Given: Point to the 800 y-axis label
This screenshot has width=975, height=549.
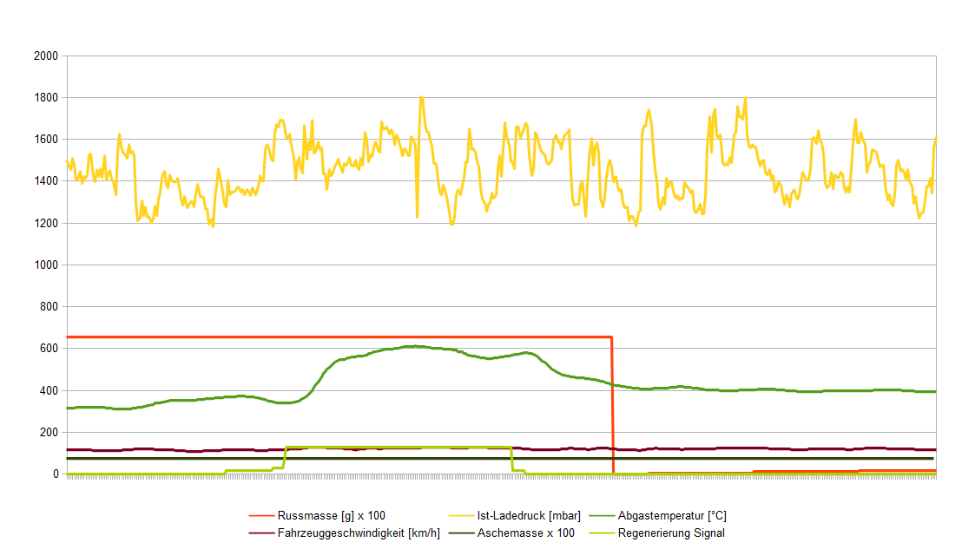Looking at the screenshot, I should pos(47,307).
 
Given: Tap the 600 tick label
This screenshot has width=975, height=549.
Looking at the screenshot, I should pos(47,349).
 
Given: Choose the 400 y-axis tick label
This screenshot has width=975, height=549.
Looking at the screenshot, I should pos(47,390).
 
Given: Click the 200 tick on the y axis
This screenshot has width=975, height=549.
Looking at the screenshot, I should pos(47,432).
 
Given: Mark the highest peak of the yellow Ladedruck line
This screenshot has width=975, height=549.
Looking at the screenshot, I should pos(421,97).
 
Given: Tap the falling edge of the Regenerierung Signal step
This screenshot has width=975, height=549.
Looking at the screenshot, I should pos(511,459).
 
